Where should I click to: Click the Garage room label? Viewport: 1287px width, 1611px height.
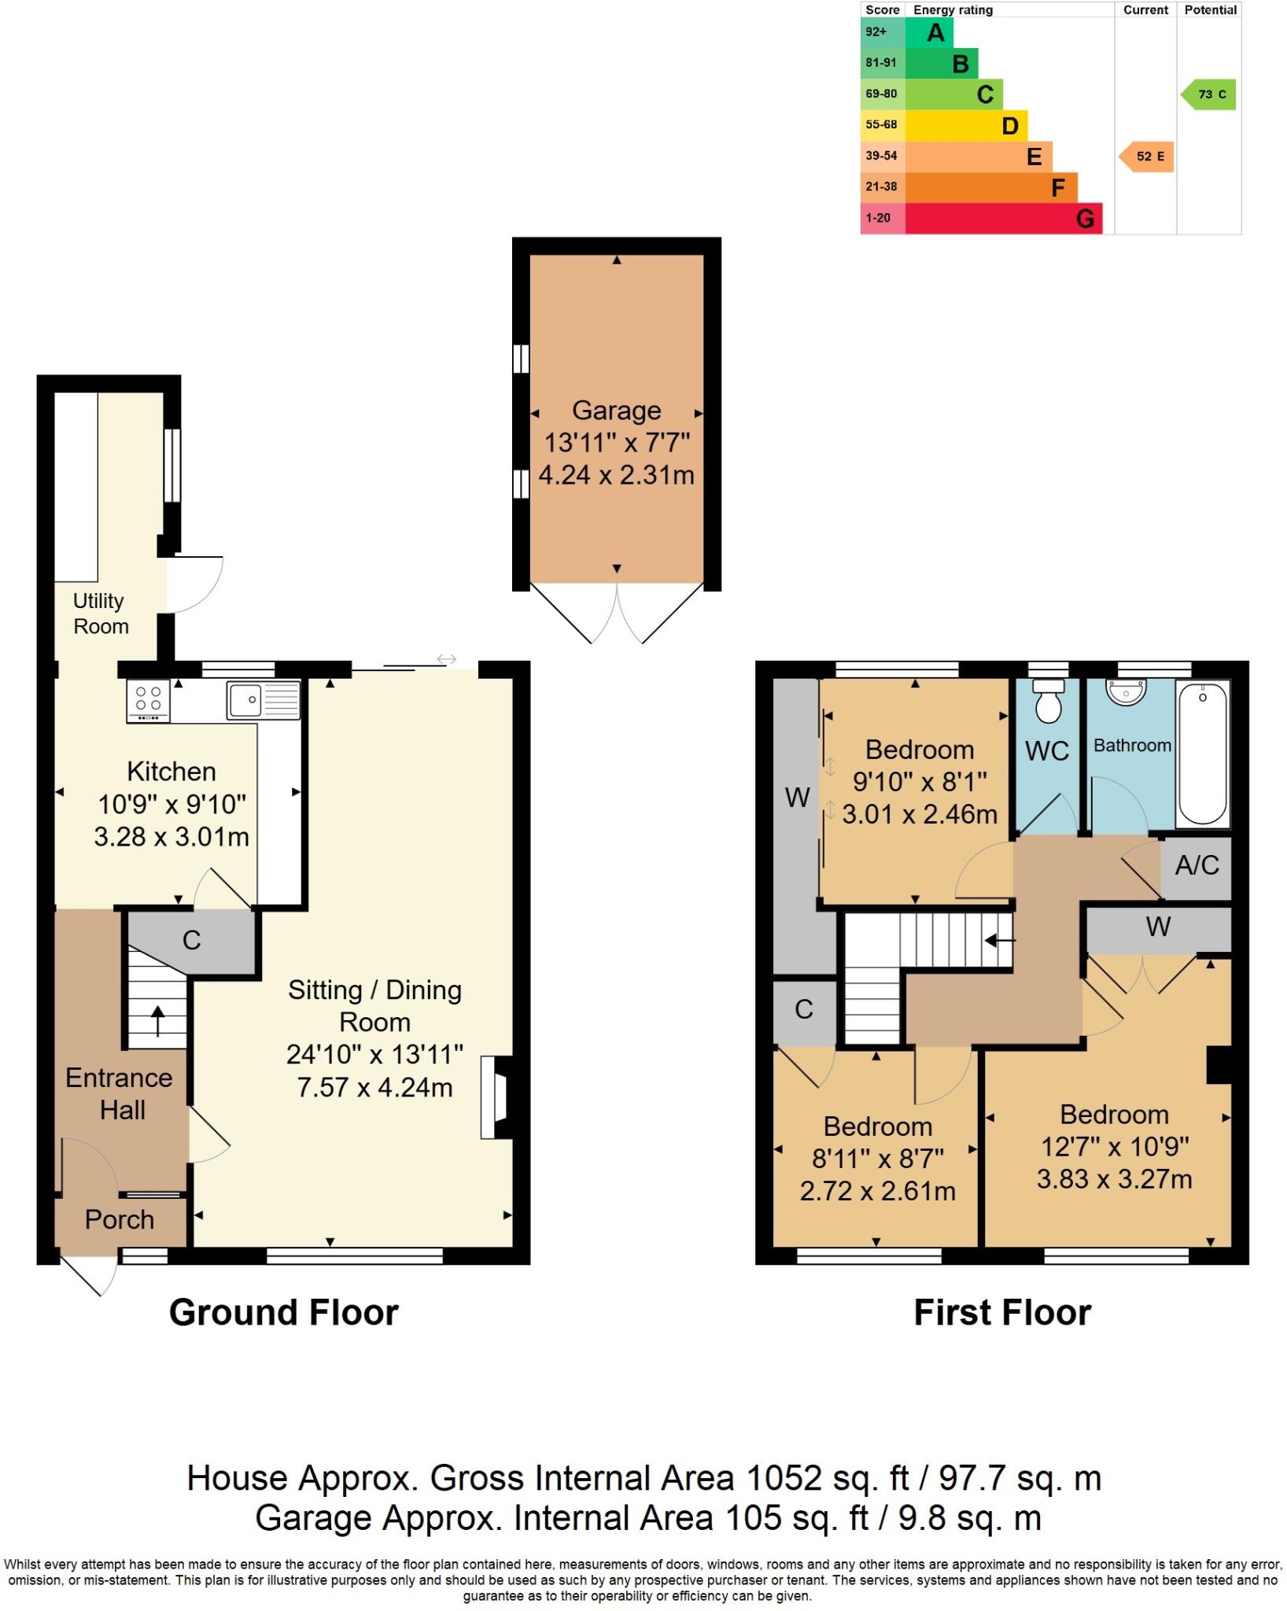pos(616,411)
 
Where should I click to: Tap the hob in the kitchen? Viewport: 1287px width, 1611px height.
pos(148,700)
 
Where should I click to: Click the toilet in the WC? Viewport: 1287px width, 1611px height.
pos(1048,702)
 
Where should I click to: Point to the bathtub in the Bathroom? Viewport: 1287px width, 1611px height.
pos(1203,753)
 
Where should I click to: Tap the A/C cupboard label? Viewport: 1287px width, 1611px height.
pos(1197,865)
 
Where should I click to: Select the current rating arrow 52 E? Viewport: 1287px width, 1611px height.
pos(1148,157)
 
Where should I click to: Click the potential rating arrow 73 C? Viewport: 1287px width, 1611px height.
pos(1210,94)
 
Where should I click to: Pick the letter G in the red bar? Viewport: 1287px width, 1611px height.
pos(1085,219)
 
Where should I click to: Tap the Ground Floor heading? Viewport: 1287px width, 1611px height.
pos(284,1313)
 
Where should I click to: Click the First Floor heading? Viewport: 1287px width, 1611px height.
pos(1002,1313)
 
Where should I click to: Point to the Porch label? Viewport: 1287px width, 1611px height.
pos(120,1219)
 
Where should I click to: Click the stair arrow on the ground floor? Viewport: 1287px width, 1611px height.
pos(157,1021)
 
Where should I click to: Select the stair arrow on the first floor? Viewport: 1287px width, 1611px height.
pos(1000,939)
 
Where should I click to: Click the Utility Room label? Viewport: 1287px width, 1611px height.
pos(100,614)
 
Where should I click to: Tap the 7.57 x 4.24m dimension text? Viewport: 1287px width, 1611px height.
pos(374,1088)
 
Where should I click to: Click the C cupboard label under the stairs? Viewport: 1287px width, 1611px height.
pos(191,940)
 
